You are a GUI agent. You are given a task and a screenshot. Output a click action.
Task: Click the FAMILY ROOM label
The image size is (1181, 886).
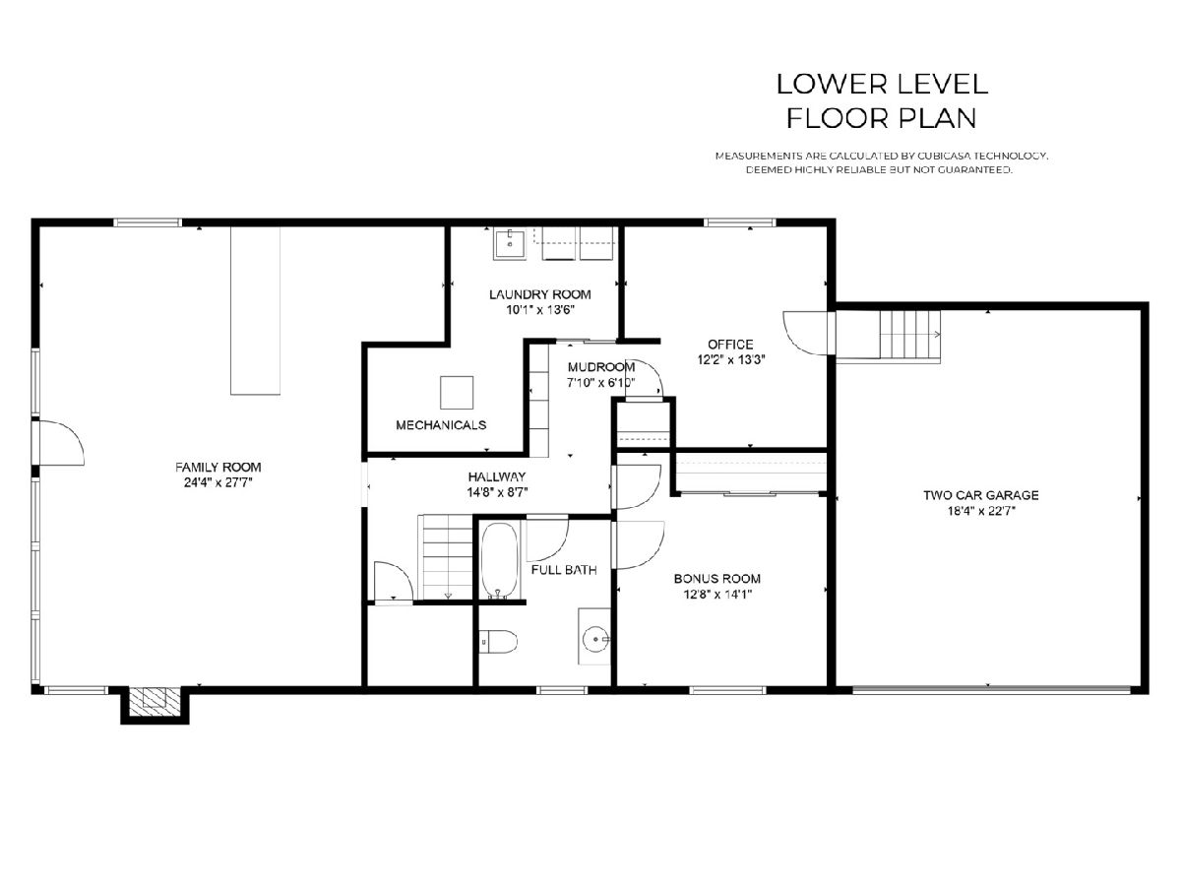click(218, 467)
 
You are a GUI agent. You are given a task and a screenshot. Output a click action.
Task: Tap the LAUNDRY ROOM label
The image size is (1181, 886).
click(539, 294)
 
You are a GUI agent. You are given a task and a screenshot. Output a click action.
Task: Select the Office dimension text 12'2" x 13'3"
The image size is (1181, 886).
click(730, 360)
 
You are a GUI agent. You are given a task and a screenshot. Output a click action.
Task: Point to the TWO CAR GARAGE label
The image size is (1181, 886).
click(981, 495)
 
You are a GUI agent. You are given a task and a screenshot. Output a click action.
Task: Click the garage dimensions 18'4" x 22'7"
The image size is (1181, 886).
click(981, 511)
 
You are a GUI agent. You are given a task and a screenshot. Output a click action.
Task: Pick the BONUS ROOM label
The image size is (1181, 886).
click(717, 579)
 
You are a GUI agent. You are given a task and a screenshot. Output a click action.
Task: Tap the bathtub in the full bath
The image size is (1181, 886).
click(500, 560)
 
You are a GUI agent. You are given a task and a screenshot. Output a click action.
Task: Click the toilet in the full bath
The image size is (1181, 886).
click(499, 642)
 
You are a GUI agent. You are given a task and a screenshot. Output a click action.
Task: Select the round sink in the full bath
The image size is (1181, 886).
click(596, 639)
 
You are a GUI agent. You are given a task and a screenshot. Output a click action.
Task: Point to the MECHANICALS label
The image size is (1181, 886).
click(441, 425)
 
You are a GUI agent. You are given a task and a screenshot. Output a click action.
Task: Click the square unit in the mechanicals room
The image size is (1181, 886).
click(457, 393)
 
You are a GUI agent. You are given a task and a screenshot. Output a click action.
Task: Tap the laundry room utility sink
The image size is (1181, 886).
click(510, 244)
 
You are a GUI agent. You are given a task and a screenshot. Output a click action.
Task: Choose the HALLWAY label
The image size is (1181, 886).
click(497, 476)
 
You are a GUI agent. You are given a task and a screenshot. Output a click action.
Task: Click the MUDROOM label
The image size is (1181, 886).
click(601, 367)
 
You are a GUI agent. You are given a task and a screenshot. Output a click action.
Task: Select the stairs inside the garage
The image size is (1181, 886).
click(910, 335)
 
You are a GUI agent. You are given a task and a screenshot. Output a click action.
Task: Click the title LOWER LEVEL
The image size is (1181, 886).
click(882, 84)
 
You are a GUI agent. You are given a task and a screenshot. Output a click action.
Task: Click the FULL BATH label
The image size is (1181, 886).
click(564, 570)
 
